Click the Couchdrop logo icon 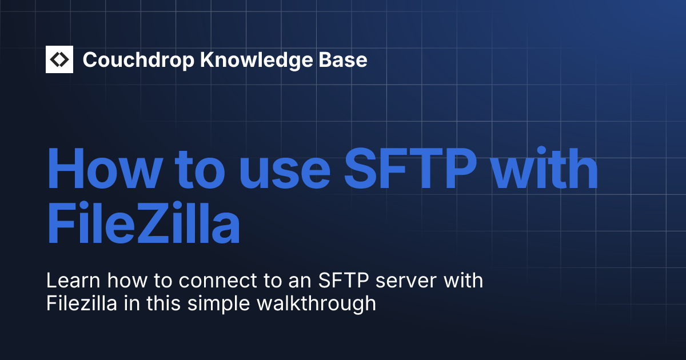(x=59, y=59)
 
